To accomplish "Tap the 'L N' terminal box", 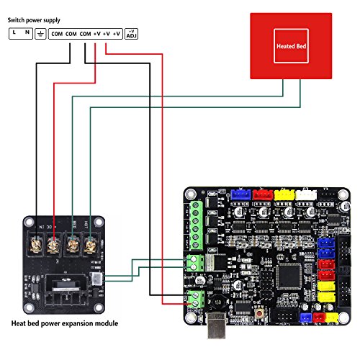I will point(21,33).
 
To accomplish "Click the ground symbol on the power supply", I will point(41,33).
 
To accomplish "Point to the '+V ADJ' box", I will point(132,33).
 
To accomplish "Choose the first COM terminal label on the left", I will point(57,33).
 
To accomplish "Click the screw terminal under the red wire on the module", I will point(55,246).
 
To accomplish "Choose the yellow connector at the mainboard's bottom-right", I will point(333,316).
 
